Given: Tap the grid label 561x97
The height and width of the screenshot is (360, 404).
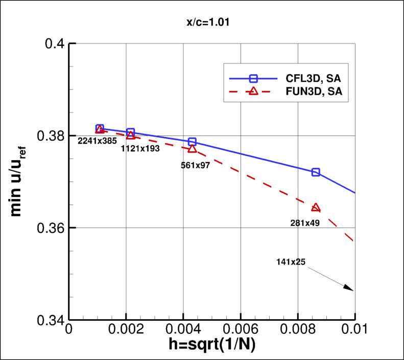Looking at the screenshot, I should (x=196, y=165).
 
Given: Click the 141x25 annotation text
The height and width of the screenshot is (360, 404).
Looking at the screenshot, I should (x=289, y=262).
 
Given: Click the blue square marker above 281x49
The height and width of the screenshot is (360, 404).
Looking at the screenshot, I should (x=316, y=172).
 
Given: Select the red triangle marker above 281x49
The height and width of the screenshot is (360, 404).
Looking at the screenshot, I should (x=316, y=207).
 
